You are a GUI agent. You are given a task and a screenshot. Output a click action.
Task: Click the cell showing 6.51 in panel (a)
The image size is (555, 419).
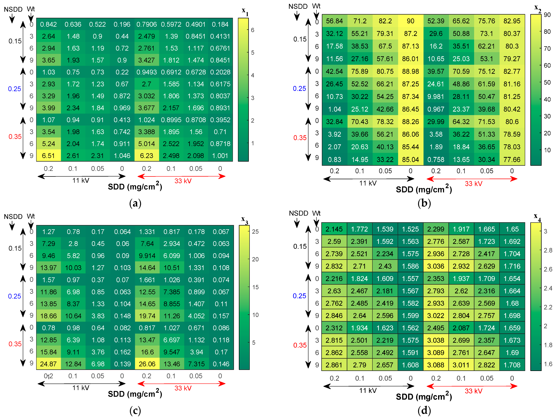[48, 156]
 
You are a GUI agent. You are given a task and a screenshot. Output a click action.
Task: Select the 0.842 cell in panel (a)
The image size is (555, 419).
[48, 24]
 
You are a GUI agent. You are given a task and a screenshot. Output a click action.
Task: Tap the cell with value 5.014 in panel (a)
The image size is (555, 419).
[146, 144]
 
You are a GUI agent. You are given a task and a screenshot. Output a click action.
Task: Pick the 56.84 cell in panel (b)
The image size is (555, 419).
[334, 21]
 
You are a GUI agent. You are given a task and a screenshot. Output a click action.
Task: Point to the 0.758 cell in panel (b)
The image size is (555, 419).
[436, 159]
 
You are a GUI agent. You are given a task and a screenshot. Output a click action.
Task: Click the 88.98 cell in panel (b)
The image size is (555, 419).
[411, 71]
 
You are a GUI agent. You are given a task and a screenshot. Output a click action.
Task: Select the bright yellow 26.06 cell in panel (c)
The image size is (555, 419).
[147, 364]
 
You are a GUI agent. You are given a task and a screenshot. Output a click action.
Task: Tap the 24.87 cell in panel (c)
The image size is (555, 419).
[48, 364]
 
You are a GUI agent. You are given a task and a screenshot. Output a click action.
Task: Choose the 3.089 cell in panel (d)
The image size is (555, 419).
[436, 353]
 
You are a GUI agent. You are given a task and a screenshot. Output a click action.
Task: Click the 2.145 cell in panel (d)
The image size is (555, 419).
[334, 229]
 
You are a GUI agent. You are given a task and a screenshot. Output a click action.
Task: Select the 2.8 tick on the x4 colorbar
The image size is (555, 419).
[548, 250]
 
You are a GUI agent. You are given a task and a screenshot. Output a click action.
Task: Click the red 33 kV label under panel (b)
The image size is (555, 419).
[473, 184]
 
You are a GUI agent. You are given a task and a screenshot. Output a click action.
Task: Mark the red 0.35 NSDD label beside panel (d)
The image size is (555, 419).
[300, 345]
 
